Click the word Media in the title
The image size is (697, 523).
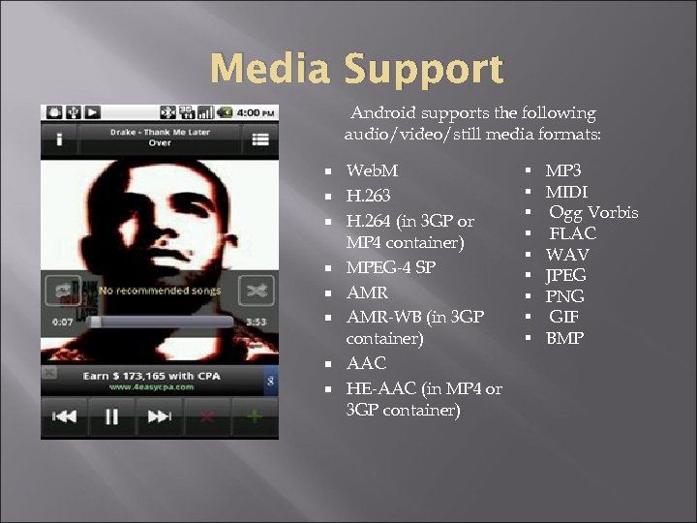[270, 70]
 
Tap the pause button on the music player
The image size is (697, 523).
[111, 416]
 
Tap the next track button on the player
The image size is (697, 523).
[158, 416]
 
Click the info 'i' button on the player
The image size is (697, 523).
[58, 138]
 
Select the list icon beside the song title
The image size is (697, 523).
[260, 138]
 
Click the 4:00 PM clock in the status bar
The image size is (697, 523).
[257, 111]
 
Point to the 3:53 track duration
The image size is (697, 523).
[257, 321]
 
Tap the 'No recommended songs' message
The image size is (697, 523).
[160, 290]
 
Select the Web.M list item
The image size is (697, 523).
[372, 170]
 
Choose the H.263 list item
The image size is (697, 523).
[368, 196]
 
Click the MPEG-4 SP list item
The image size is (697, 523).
[392, 268]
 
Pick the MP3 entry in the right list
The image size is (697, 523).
[562, 170]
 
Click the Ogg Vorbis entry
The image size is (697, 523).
[593, 212]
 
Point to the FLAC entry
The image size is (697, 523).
[573, 233]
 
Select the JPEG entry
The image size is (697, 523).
[566, 275]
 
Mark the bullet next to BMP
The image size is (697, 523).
[530, 338]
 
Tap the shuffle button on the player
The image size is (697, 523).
[257, 290]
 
